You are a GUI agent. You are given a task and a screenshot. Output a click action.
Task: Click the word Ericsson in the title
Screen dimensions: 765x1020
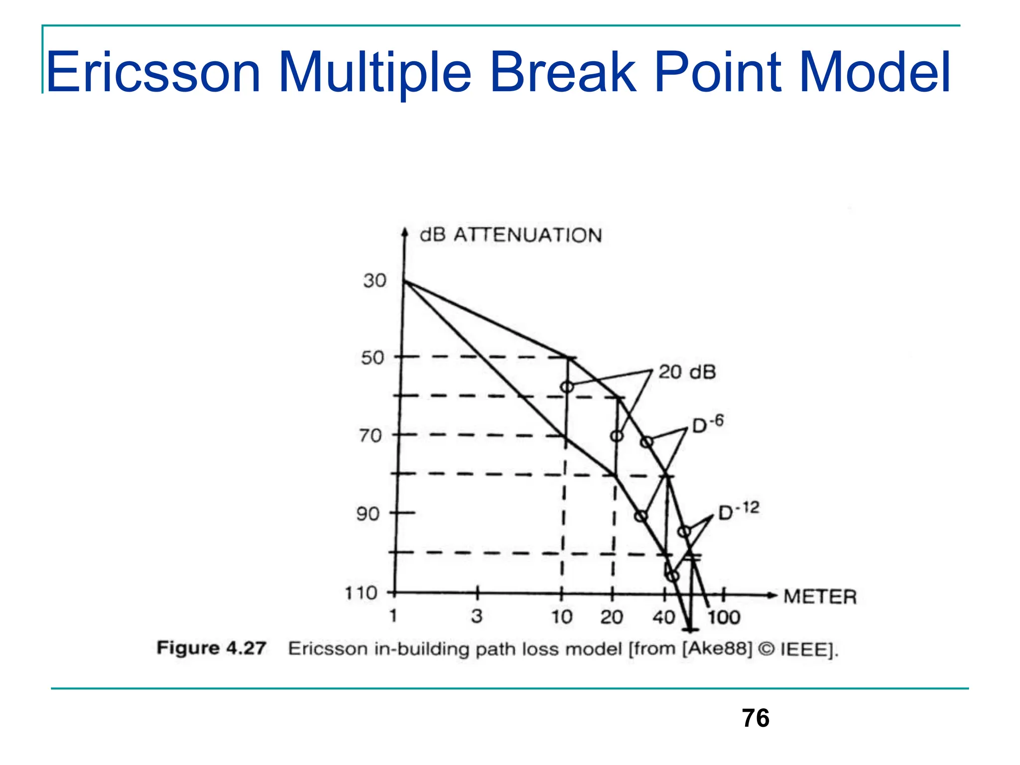[153, 73]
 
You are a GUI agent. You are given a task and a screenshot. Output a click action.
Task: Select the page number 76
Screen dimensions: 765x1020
[755, 718]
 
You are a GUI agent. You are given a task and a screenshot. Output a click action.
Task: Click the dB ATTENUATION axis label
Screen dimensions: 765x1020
[510, 235]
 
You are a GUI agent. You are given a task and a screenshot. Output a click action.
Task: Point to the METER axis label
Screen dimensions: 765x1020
[820, 597]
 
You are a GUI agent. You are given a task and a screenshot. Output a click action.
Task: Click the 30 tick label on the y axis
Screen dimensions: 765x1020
[375, 280]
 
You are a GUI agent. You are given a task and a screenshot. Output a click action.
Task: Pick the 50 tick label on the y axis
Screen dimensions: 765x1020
[373, 358]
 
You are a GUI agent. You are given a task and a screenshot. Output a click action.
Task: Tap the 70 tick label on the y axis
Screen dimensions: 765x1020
[371, 436]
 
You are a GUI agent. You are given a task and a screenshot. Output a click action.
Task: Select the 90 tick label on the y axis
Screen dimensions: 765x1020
[368, 513]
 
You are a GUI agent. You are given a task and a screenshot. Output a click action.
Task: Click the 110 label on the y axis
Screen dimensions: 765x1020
[361, 593]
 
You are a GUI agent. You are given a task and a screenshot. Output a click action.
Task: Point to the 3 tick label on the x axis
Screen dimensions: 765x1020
[477, 617]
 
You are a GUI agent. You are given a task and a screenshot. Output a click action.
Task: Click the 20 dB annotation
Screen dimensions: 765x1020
[687, 372]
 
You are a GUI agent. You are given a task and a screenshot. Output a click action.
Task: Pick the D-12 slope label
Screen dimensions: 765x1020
[738, 510]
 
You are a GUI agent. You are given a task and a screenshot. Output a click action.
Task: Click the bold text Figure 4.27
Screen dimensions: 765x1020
[211, 648]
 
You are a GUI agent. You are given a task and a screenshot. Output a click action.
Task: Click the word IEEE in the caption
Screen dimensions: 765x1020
[806, 650]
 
